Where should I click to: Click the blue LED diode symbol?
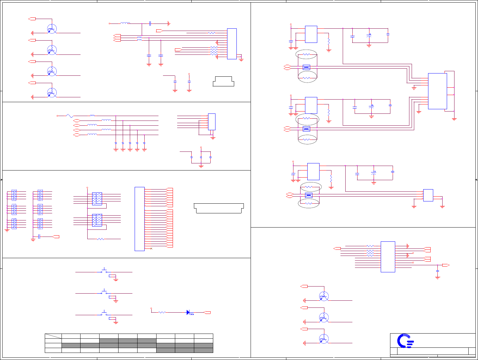point(189,312)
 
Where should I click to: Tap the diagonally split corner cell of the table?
point(53,336)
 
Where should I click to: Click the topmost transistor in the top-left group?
point(52,29)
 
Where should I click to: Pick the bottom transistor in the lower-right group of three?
point(324,339)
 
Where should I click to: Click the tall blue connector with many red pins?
point(139,219)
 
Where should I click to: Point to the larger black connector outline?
point(219,208)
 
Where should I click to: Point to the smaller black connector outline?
point(224,81)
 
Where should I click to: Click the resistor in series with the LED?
point(162,312)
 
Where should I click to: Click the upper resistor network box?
point(97,199)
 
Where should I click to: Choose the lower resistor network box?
point(97,220)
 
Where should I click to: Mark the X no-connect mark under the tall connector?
point(151,248)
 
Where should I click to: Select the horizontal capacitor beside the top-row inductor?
point(150,24)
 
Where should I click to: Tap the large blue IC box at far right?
point(437,91)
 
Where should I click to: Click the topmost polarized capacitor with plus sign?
point(369,37)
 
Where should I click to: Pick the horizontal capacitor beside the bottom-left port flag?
point(39,237)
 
